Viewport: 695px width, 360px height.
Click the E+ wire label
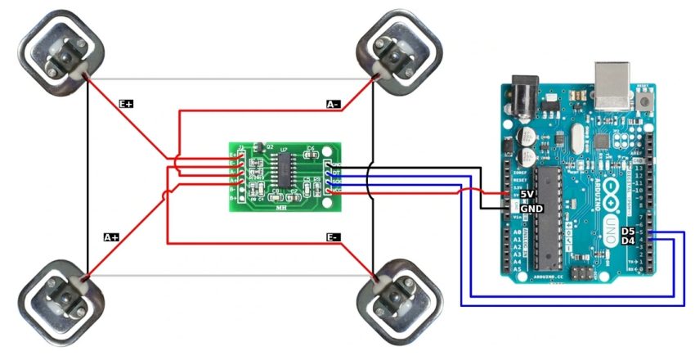coord(126,104)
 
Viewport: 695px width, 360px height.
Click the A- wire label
coord(333,104)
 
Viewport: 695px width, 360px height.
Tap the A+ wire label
coord(110,237)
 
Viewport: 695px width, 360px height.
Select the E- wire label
coord(333,237)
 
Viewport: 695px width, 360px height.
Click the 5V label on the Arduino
coord(527,194)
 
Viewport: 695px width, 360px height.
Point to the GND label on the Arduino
coord(531,208)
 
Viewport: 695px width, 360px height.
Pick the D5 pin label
coord(628,232)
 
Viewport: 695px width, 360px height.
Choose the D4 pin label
coord(628,241)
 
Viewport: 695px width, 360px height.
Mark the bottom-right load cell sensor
coord(399,303)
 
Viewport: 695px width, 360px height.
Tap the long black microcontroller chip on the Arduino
coord(546,218)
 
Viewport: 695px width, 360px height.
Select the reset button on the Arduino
coord(647,101)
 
